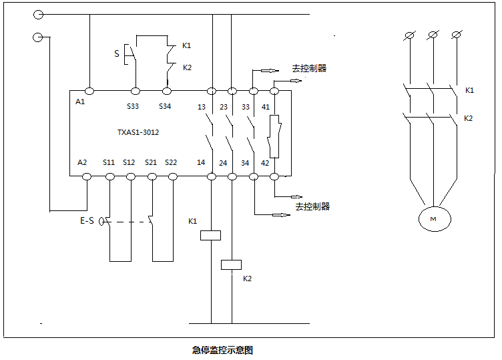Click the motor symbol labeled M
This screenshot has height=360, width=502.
(434, 218)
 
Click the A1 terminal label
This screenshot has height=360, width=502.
(81, 102)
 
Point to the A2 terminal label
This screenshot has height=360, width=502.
(82, 162)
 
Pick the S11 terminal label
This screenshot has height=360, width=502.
(108, 162)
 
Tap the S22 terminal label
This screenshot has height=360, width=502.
(171, 162)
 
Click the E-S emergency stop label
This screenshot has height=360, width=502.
(87, 220)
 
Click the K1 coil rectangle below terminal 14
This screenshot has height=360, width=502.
(211, 235)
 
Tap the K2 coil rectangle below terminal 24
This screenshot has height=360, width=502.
(231, 264)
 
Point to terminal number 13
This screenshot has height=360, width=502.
(202, 106)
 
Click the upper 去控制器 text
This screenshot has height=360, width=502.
(309, 68)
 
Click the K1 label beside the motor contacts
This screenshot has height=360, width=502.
(469, 89)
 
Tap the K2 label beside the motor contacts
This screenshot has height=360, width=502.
(469, 118)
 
